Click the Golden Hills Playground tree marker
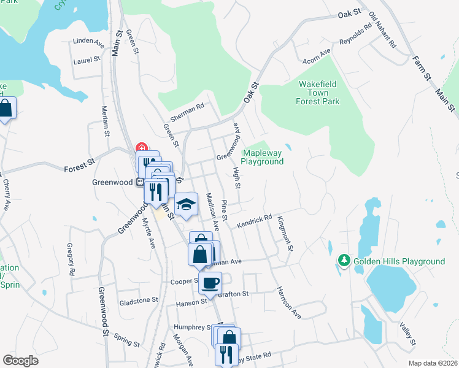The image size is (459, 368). tap(344, 261)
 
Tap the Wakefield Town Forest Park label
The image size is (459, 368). tap(319, 93)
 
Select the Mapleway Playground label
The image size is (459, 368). tap(262, 157)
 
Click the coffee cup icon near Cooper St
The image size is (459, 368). tap(210, 283)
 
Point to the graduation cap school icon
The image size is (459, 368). tap(187, 204)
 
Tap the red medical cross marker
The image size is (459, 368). tap(142, 148)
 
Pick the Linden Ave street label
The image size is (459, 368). tap(88, 42)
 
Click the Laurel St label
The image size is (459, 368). tap(87, 60)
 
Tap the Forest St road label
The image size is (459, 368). tap(80, 165)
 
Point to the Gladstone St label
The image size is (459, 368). tap(138, 301)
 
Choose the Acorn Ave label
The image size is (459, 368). tap(317, 56)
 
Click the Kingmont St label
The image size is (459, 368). tap(285, 233)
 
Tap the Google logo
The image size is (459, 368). tap(20, 361)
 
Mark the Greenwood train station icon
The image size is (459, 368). tap(139, 182)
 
